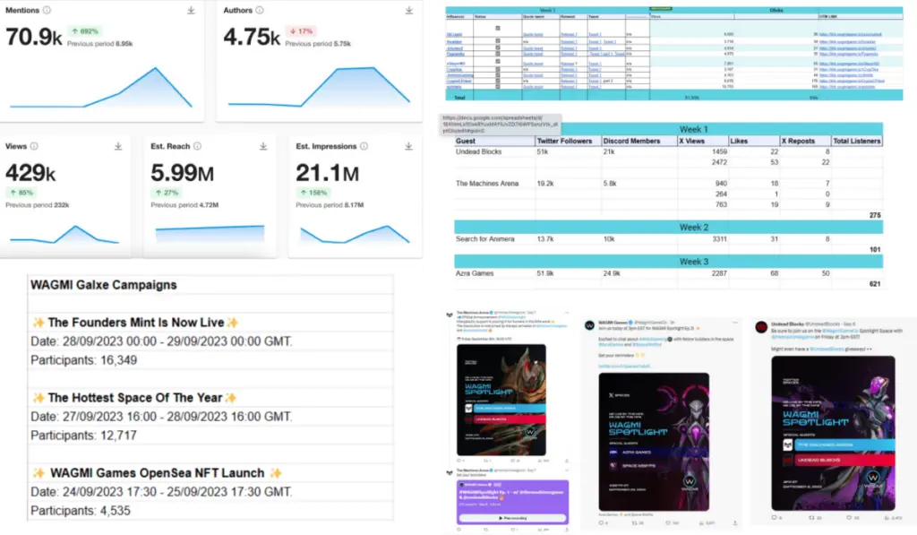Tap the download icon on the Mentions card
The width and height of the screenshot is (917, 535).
191,10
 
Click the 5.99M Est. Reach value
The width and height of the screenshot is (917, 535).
182,172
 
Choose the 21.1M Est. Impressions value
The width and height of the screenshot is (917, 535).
328,172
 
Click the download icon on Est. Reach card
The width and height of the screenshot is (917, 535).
263,146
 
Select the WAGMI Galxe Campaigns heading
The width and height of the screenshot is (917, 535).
104,285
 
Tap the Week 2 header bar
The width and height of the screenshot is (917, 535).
668,228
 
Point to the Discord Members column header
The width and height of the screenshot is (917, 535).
632,141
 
